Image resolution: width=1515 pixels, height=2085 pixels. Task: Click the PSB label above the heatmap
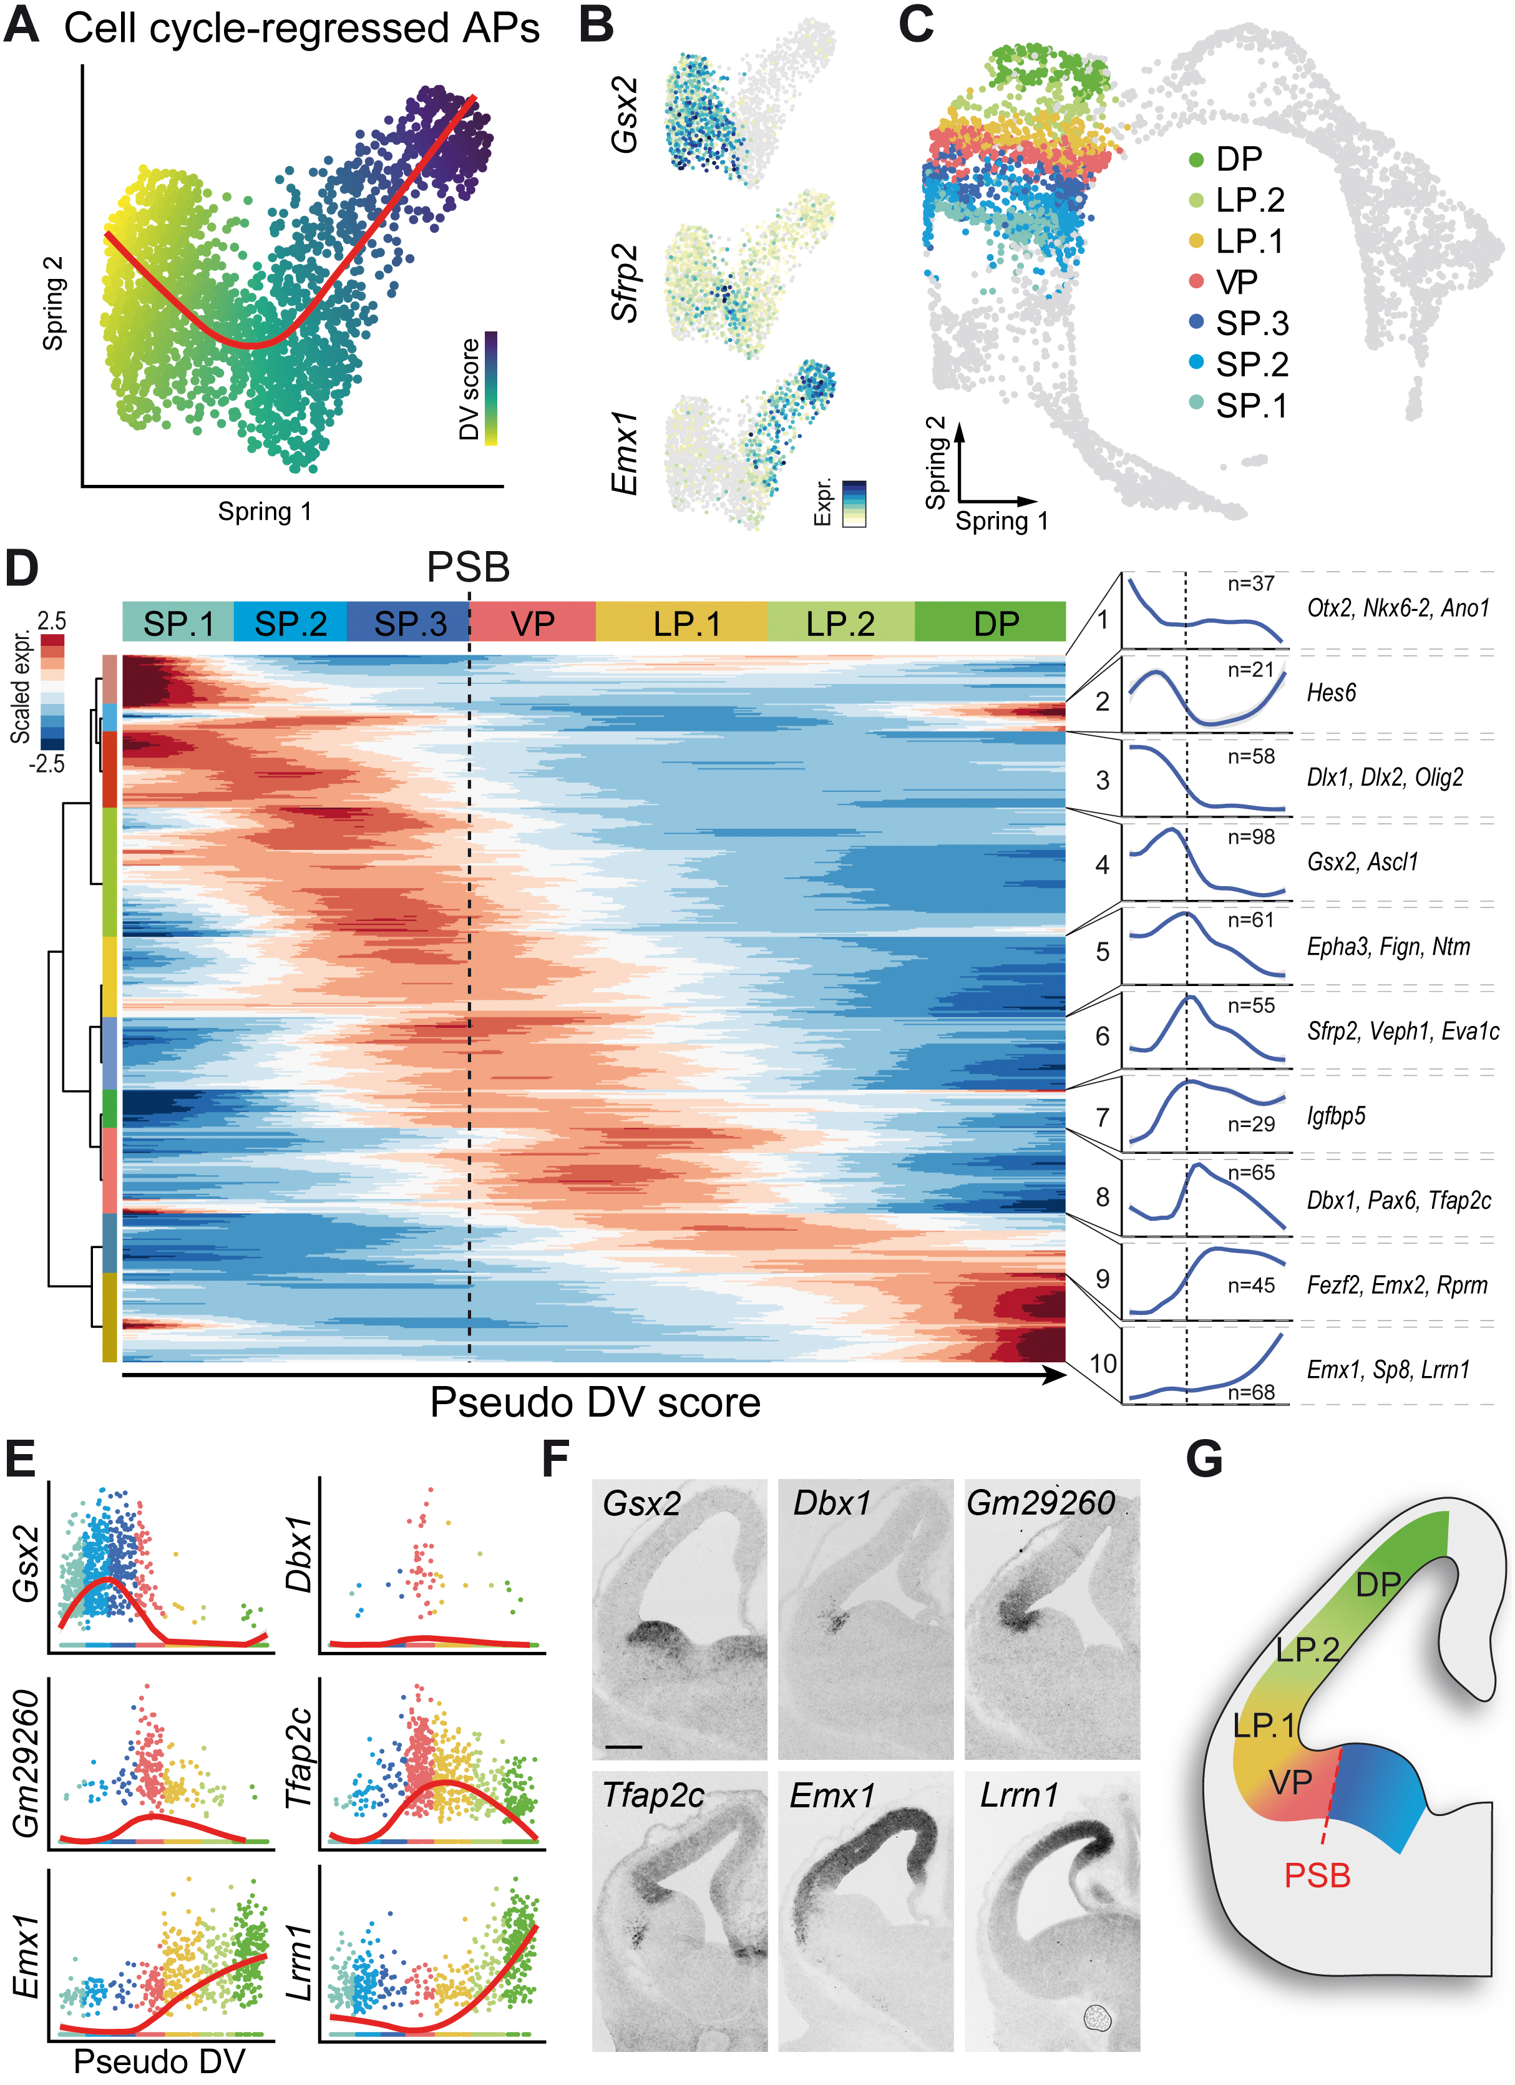(x=468, y=567)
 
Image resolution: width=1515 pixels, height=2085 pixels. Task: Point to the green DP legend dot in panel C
(x=1196, y=160)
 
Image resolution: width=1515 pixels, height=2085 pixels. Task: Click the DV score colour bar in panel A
(x=491, y=388)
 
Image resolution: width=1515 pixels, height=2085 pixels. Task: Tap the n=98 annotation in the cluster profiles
(x=1251, y=837)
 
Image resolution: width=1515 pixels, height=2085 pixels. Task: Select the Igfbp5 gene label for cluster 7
(x=1336, y=1116)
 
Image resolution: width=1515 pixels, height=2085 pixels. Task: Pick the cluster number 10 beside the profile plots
(x=1102, y=1364)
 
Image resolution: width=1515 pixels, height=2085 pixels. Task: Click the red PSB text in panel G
(x=1317, y=1875)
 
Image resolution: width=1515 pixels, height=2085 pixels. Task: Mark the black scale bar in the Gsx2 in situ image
(x=623, y=1746)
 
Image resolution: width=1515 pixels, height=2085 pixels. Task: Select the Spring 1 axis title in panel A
(x=265, y=511)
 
